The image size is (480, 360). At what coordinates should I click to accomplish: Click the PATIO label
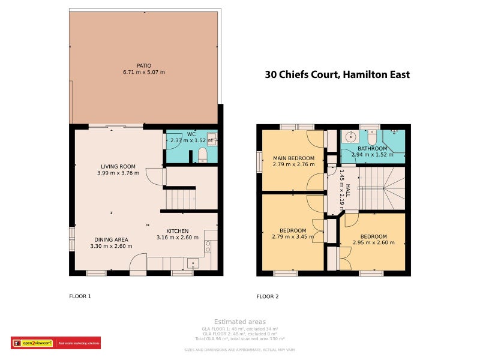coord(143,65)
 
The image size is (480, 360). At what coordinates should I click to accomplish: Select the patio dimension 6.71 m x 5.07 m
coord(143,72)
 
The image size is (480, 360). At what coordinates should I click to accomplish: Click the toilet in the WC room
coord(202,155)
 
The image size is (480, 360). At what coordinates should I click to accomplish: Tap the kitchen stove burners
coord(208,245)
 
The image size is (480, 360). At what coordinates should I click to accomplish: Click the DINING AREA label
coord(110,239)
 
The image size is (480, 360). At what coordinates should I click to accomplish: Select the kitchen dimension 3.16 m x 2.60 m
coord(177,238)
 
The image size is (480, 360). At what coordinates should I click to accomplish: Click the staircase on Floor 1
coord(180,197)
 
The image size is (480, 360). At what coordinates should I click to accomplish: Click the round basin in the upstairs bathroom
coord(348,137)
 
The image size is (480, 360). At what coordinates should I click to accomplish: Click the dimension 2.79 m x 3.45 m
coord(293,237)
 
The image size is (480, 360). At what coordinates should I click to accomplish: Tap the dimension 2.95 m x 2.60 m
coord(373,243)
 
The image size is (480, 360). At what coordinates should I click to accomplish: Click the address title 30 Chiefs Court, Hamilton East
coord(337,75)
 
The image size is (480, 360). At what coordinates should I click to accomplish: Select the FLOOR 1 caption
coord(80,296)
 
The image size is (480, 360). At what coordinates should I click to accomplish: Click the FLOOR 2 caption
coord(268,296)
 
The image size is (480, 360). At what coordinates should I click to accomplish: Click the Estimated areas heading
coord(239,322)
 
